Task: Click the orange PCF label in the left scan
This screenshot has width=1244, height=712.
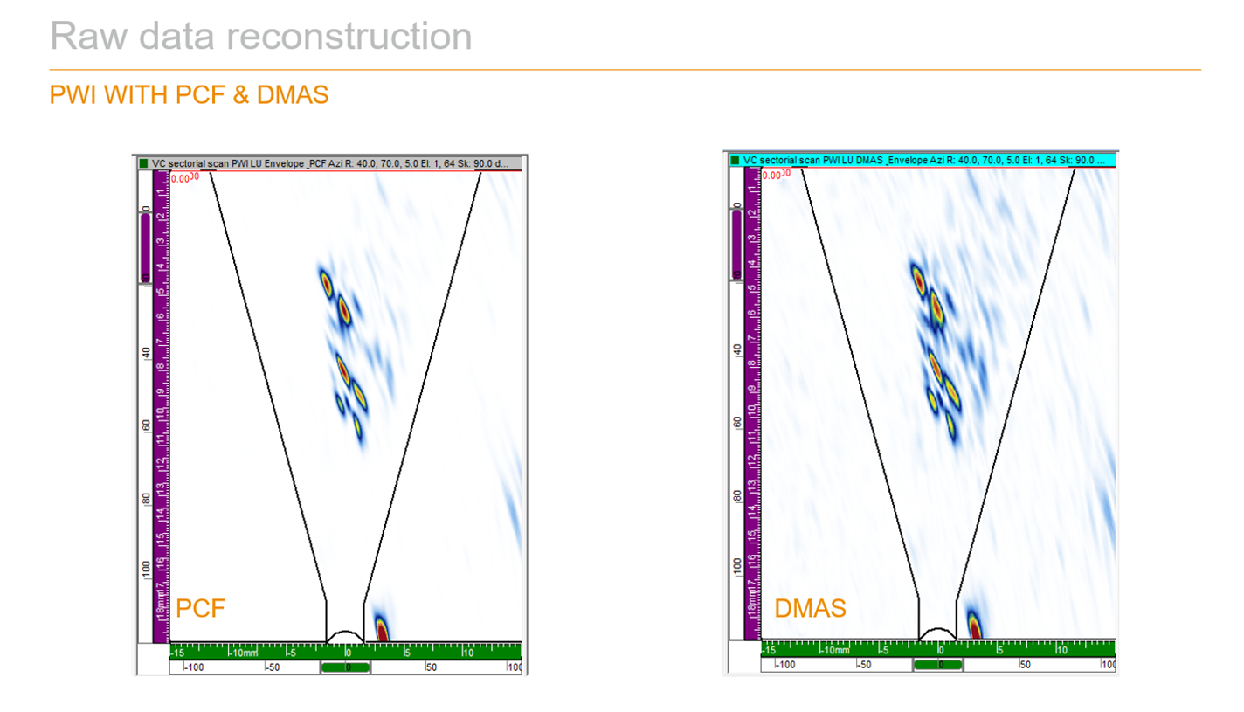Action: coord(201,608)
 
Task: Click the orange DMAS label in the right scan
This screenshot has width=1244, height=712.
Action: coord(810,608)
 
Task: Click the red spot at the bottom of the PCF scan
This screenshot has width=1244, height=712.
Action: coord(381,628)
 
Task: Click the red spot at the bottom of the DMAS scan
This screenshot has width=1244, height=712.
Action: coord(974,626)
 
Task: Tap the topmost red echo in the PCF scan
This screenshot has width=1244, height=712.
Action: coord(326,281)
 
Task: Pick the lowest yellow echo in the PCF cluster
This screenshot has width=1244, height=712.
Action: coord(357,427)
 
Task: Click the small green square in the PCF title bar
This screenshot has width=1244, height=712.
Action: coord(144,162)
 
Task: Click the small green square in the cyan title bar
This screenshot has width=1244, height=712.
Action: coord(735,161)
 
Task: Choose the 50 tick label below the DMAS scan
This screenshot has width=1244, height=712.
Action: coord(1026,665)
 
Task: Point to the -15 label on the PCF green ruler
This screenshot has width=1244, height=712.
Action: coord(177,652)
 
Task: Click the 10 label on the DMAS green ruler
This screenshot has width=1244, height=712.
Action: coord(1061,650)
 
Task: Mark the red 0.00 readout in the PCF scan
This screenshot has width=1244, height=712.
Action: coord(181,178)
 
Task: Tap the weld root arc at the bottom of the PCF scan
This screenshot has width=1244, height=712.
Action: coord(344,634)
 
